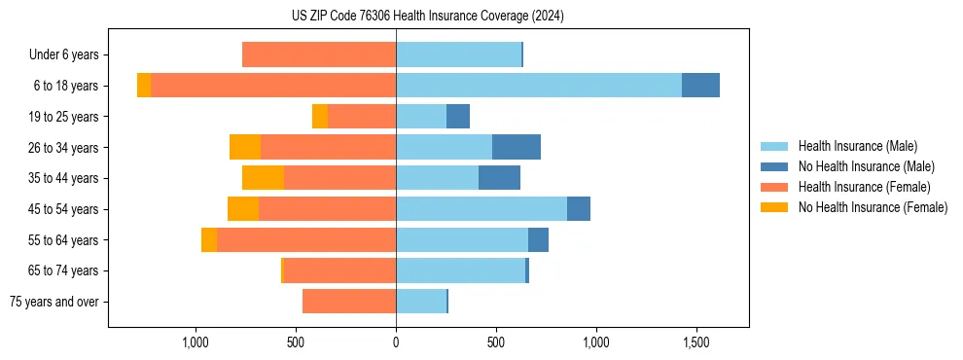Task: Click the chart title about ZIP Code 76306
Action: coord(427,17)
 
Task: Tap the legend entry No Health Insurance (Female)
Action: coord(873,207)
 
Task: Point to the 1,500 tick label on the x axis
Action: coord(695,342)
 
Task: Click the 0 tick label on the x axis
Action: coord(396,342)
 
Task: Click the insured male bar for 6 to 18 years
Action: coord(539,86)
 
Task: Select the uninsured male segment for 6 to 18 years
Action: coord(700,86)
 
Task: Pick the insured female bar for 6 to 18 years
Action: coord(273,86)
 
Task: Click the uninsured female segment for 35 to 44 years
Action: coord(263,178)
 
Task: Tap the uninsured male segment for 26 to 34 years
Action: coord(517,147)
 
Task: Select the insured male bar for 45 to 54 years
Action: coord(481,209)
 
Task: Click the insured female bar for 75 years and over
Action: coord(349,302)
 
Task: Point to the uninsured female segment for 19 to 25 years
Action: coord(320,117)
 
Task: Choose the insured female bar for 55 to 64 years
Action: coord(306,239)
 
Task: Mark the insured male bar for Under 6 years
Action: coord(458,54)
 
